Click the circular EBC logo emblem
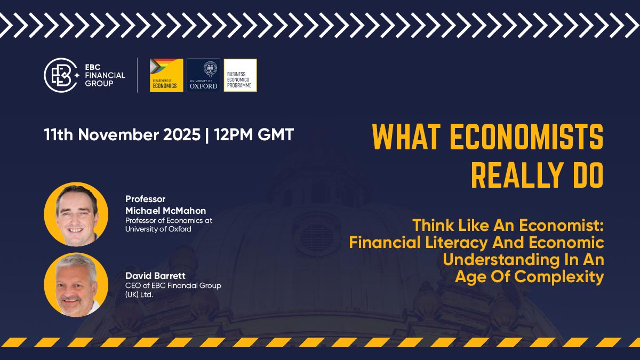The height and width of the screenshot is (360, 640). tap(61, 75)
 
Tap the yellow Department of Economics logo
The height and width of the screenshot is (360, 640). tap(166, 75)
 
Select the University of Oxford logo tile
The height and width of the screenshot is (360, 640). tap(203, 75)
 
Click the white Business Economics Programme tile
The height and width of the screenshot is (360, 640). tap(241, 75)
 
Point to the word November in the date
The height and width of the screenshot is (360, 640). tap(119, 134)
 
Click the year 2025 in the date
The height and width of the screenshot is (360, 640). tap(182, 134)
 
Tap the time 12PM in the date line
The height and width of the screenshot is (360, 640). tap(234, 134)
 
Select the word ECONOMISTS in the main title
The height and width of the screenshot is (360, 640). tap(526, 137)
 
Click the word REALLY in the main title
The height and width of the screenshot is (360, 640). tap(517, 175)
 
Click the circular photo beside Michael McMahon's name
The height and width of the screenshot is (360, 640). tap(76, 214)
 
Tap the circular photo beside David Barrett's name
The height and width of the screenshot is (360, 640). tap(76, 285)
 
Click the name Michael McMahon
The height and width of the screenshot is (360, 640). tap(166, 211)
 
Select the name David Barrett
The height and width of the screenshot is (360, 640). tap(155, 276)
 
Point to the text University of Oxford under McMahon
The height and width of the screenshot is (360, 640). tap(158, 229)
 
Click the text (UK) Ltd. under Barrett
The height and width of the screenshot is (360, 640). tap(139, 294)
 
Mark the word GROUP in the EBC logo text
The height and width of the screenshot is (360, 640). tap(99, 83)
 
